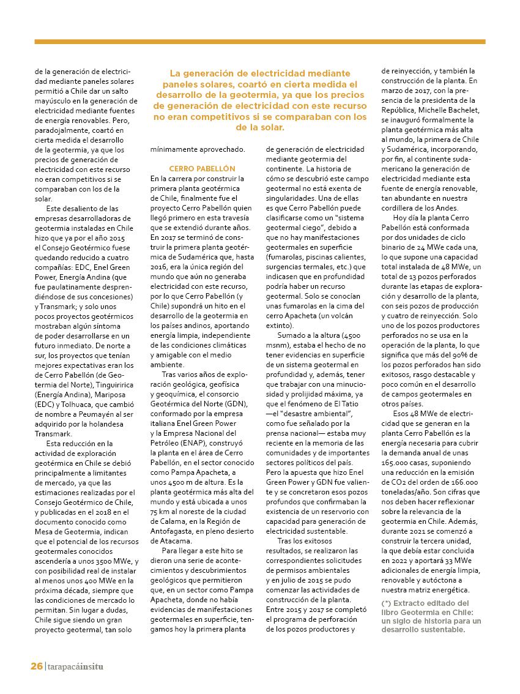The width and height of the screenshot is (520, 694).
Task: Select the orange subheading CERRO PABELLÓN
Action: point(193,168)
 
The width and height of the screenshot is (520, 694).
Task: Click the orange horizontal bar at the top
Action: point(259,42)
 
